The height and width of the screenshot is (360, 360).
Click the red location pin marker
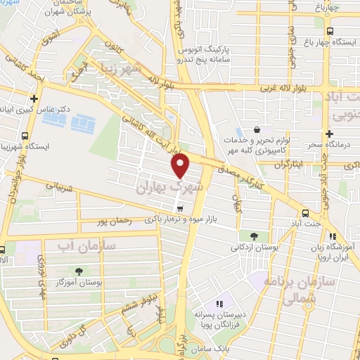(181, 165)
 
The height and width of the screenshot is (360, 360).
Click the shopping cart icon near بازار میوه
(181, 208)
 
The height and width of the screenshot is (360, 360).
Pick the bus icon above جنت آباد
(304, 214)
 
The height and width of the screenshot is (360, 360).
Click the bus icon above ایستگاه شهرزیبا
(25, 136)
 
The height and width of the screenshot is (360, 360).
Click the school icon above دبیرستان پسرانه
(219, 304)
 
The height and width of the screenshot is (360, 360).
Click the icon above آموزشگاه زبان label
(333, 237)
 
